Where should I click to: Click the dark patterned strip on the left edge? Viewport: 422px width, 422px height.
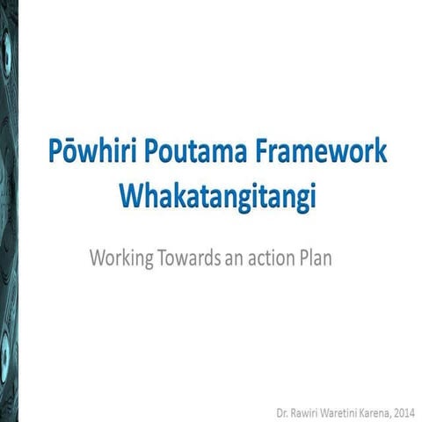(9, 211)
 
